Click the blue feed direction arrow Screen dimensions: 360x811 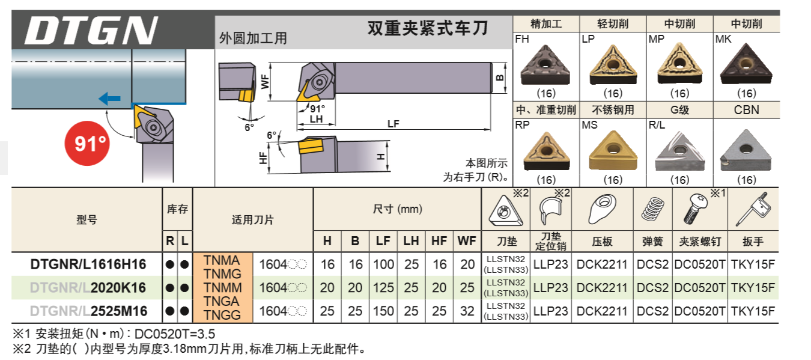click(x=110, y=98)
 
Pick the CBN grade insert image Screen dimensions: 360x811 click(x=746, y=149)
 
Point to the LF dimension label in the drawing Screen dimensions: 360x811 click(x=393, y=124)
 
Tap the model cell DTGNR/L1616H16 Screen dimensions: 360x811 click(x=88, y=264)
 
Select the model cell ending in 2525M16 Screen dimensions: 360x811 click(x=88, y=311)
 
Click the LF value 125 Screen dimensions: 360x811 click(x=383, y=288)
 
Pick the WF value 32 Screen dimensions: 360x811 click(x=467, y=311)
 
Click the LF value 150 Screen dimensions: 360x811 click(x=383, y=311)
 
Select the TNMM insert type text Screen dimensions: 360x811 click(x=222, y=288)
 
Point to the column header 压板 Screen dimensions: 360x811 click(x=602, y=242)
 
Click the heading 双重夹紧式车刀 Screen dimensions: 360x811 click(x=427, y=28)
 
